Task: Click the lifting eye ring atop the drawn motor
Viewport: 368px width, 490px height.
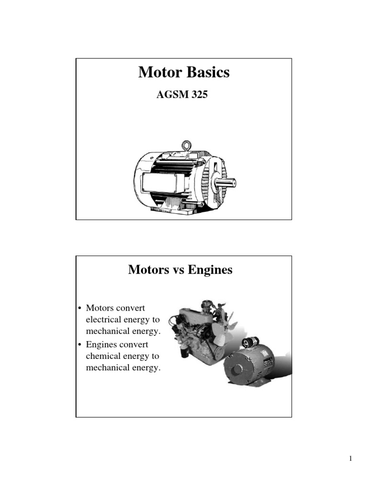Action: coord(186,145)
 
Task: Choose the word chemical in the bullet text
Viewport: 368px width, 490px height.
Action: coord(101,356)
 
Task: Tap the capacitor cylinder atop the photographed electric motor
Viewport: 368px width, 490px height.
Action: coord(249,342)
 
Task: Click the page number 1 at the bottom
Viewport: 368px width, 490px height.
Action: coord(351,459)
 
